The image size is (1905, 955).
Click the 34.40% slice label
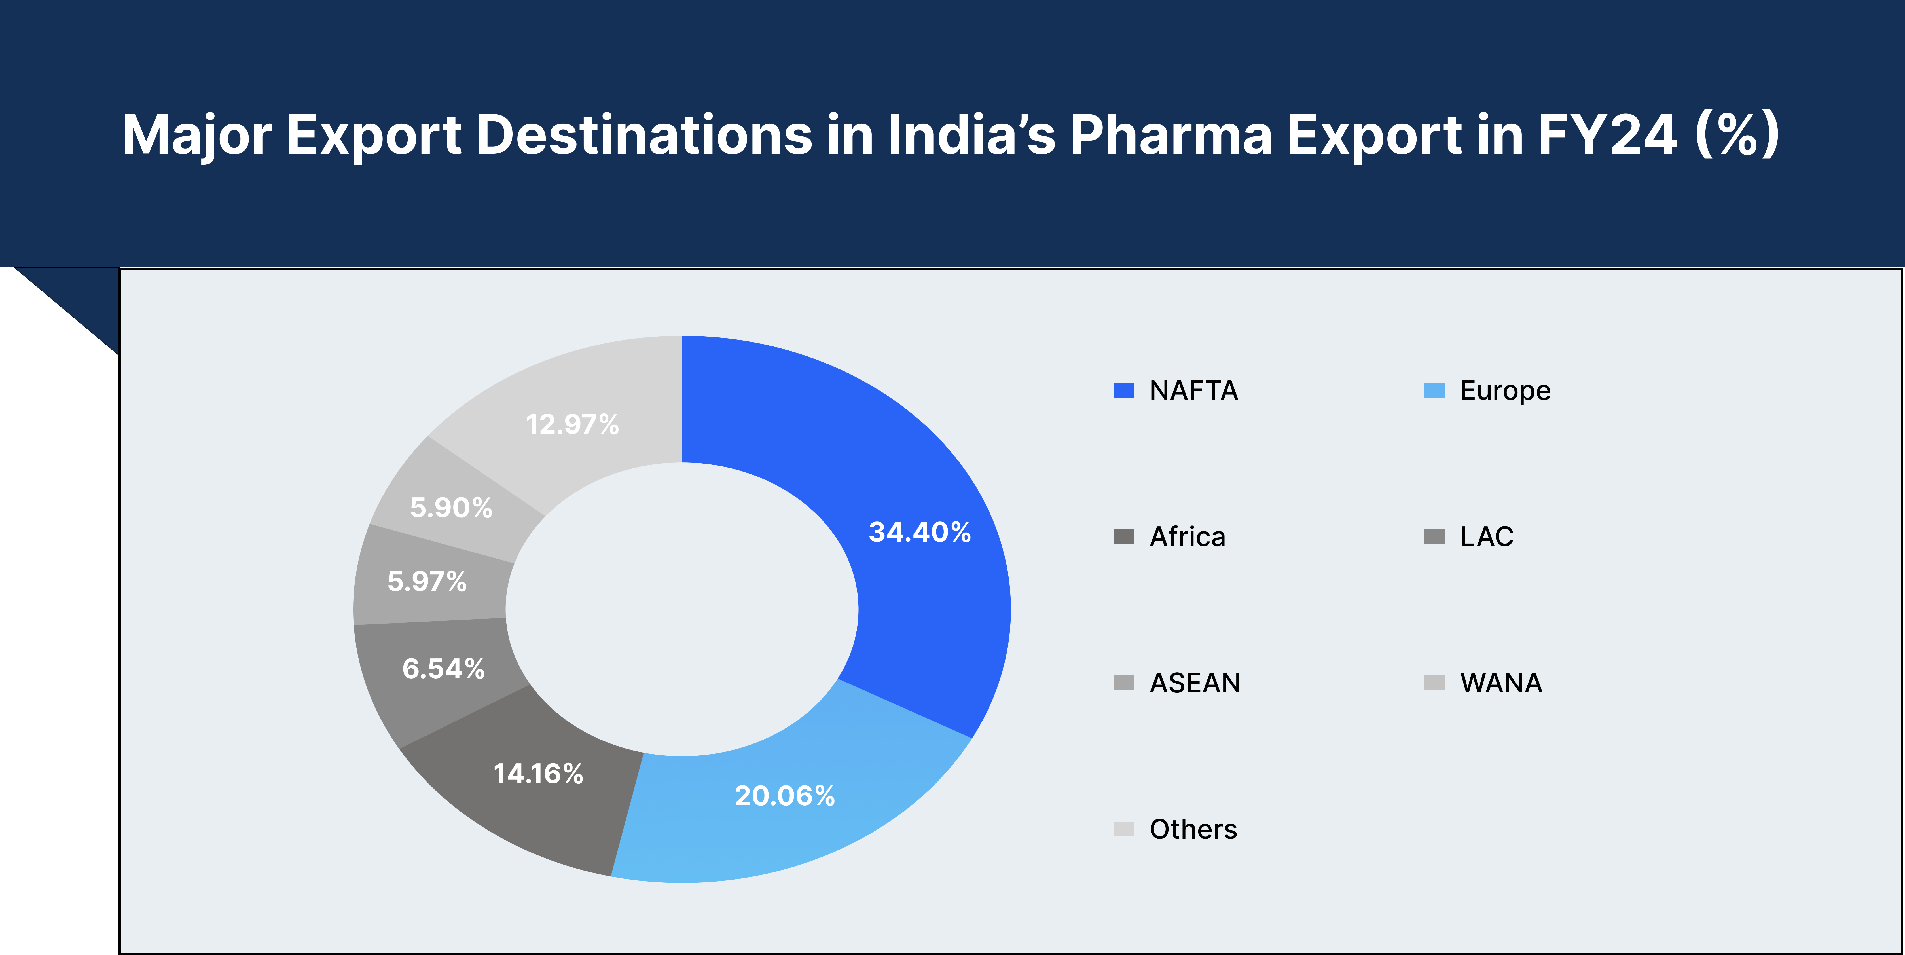pyautogui.click(x=919, y=532)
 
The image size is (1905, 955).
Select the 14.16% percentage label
pyautogui.click(x=538, y=774)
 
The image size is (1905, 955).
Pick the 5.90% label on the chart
pyautogui.click(x=451, y=508)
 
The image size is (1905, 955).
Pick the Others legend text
pyautogui.click(x=1193, y=829)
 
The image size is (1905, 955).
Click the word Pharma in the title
pyautogui.click(x=1171, y=135)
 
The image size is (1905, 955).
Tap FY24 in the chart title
pyautogui.click(x=1606, y=135)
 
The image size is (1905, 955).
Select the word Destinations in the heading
pyautogui.click(x=644, y=135)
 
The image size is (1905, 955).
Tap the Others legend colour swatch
pyautogui.click(x=1123, y=829)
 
